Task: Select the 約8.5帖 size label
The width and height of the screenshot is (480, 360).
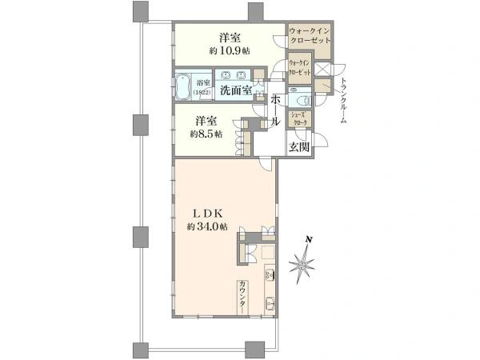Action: pos(206,134)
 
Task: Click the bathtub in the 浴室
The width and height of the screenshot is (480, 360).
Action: pos(183,86)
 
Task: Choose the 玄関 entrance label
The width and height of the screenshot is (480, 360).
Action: pos(299,146)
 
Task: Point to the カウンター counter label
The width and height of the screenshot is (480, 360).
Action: pos(241,297)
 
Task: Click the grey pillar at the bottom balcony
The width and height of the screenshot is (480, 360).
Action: pos(254,349)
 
